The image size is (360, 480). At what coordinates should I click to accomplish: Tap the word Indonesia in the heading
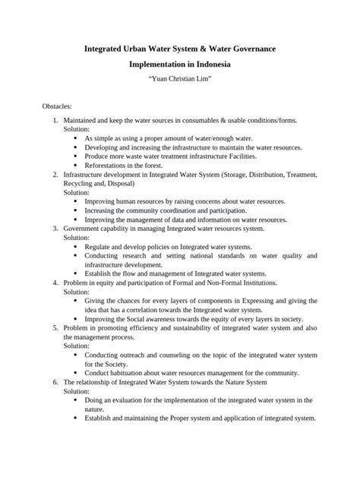pos(206,65)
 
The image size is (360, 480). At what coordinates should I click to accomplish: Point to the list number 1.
pos(55,121)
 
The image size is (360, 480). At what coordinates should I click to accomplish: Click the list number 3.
pos(55,227)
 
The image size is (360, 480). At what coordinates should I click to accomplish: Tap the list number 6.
pos(55,382)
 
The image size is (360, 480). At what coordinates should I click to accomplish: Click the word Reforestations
pos(106,165)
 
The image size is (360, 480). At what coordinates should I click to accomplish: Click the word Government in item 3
pos(87,227)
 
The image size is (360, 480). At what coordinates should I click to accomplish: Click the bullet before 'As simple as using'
pos(76,139)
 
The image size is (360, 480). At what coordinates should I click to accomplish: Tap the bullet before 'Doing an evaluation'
pos(76,400)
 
